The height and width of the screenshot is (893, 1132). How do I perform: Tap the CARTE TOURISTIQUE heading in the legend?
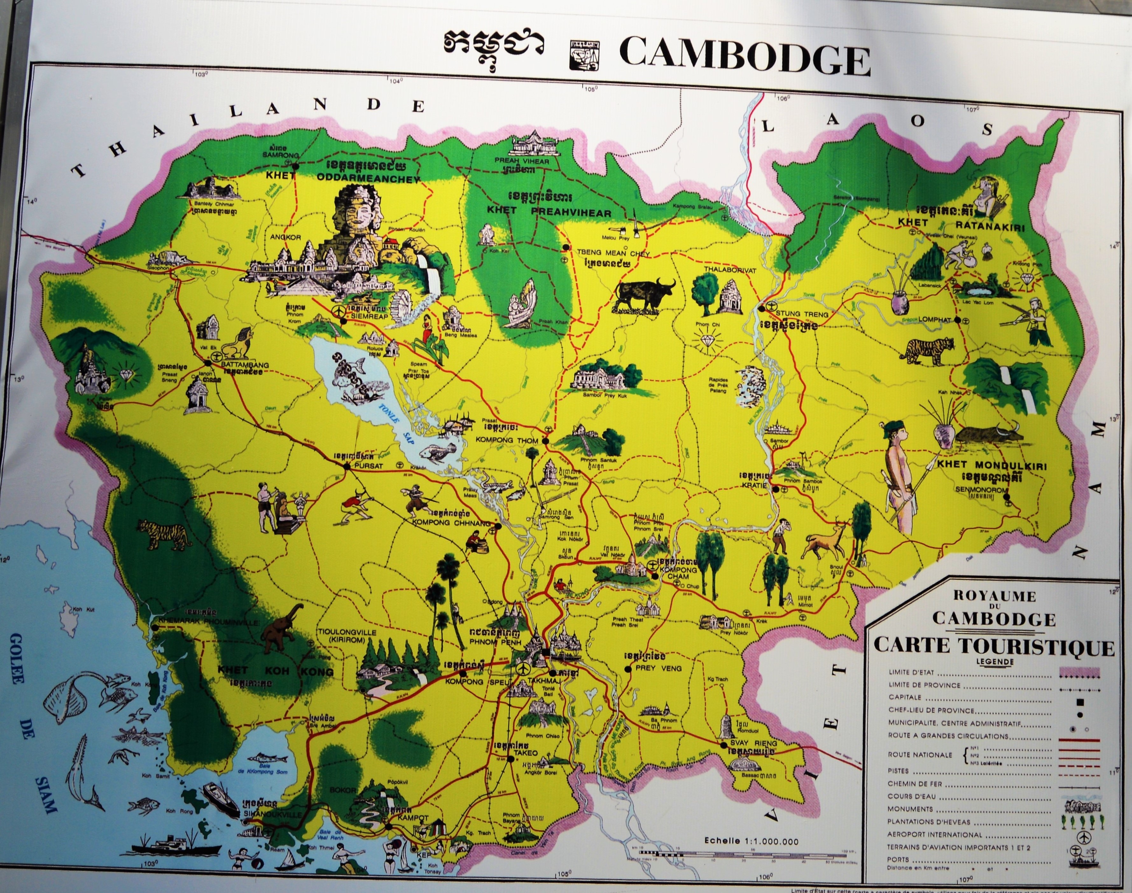[993, 647]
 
